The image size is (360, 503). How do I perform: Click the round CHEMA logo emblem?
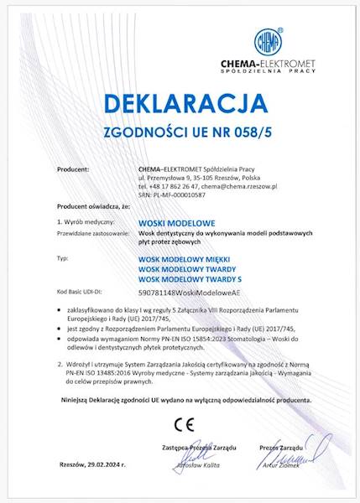tap(268, 40)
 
